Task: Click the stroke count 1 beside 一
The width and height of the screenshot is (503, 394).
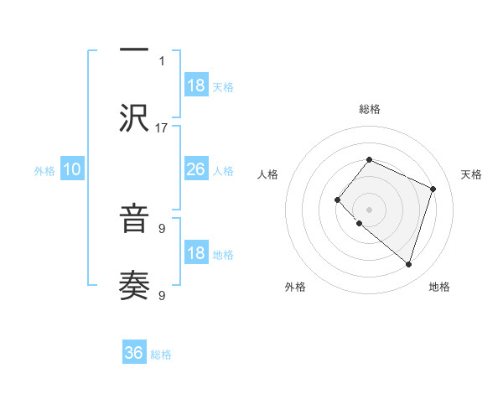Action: (162, 60)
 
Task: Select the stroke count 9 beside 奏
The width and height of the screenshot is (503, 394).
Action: (162, 295)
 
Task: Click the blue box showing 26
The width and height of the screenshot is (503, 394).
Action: (196, 169)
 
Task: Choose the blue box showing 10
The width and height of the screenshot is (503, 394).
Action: (72, 169)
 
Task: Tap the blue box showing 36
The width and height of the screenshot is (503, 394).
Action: (134, 353)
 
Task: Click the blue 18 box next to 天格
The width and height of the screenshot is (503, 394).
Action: (196, 86)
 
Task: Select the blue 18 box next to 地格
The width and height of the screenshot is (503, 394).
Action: (196, 253)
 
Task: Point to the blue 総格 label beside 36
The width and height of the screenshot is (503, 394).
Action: (161, 355)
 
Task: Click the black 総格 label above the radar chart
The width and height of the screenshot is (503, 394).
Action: (369, 109)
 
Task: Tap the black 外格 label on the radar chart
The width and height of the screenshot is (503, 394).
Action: (295, 287)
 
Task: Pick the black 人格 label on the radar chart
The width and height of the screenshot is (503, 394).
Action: (267, 174)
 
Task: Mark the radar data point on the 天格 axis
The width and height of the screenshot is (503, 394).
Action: (433, 189)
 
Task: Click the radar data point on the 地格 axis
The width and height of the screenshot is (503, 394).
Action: (408, 264)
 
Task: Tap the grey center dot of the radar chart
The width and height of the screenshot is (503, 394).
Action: (369, 209)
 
